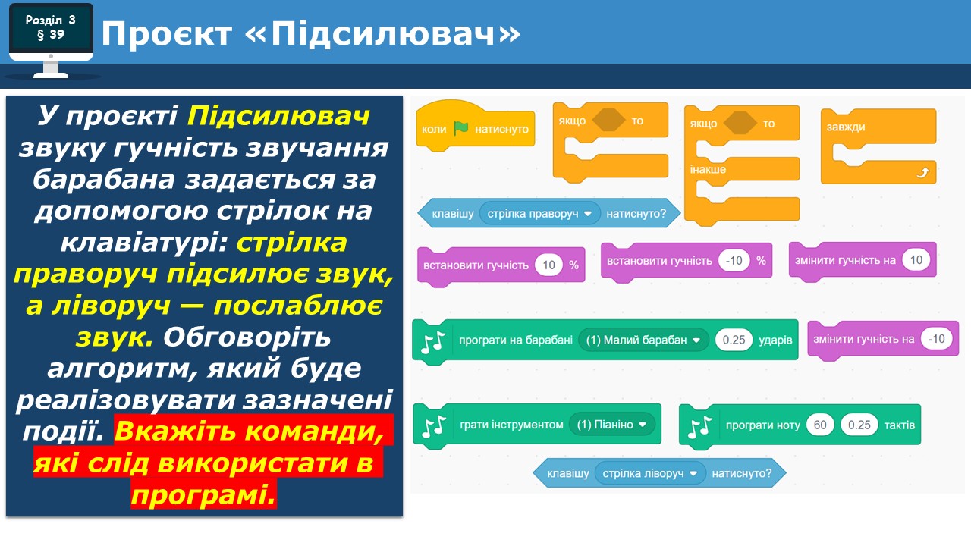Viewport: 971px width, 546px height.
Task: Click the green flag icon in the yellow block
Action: (460, 128)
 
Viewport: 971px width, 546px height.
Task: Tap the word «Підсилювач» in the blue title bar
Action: (383, 33)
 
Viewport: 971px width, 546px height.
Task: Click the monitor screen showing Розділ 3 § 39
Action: (51, 27)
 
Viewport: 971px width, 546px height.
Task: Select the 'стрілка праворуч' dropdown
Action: (539, 213)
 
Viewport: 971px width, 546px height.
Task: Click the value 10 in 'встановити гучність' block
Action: (548, 265)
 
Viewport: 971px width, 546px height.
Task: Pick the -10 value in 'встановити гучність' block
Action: (734, 260)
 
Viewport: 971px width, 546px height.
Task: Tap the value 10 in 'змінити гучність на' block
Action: (916, 260)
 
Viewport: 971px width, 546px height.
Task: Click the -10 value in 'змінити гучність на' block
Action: (936, 338)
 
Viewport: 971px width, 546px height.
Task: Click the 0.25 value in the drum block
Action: (734, 340)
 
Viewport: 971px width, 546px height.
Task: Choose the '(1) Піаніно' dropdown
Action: (611, 424)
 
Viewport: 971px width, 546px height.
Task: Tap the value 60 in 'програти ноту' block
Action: (820, 425)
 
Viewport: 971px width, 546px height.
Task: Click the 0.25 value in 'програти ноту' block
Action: (859, 425)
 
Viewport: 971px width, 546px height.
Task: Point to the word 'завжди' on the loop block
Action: (846, 127)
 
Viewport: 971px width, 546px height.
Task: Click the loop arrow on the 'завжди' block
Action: (922, 172)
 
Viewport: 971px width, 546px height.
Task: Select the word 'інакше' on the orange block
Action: (708, 169)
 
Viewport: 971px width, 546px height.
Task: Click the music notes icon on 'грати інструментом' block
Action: (434, 426)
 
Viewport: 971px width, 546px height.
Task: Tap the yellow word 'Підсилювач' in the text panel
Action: (278, 116)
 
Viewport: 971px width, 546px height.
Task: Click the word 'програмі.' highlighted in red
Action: (204, 494)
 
